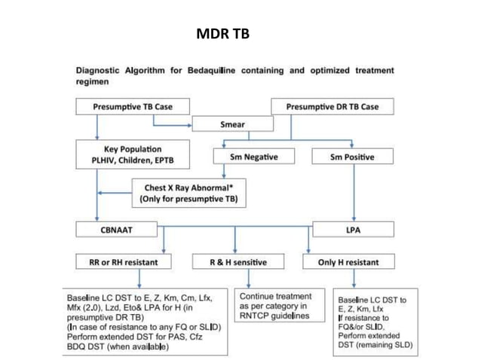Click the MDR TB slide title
(x=222, y=35)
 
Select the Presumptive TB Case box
(x=133, y=107)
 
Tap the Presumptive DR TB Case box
(x=332, y=107)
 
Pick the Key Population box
(x=132, y=154)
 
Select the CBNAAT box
(x=116, y=228)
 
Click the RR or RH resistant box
(x=121, y=262)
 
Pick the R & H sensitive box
(x=238, y=262)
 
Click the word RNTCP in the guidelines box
(x=257, y=317)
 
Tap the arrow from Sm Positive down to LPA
(x=353, y=192)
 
